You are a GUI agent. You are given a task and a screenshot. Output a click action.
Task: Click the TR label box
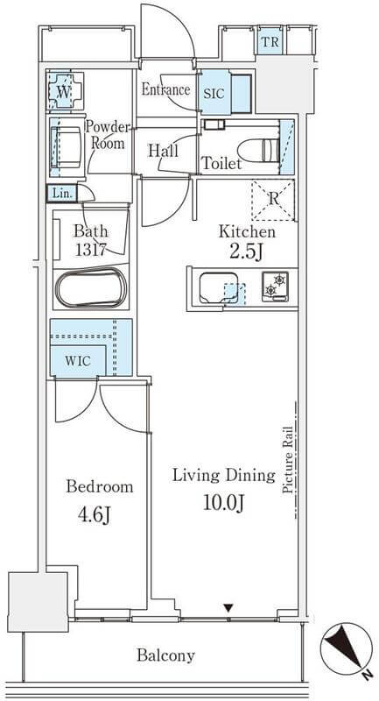point(270,42)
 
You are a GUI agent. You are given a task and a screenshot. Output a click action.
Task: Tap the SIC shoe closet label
point(214,94)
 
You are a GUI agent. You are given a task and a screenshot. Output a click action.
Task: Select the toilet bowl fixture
point(259,150)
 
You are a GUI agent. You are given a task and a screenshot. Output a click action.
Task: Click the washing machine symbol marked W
point(65,92)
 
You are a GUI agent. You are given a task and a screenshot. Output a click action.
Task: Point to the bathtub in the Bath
point(92,287)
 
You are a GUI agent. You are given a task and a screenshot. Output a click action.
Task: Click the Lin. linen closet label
point(61,194)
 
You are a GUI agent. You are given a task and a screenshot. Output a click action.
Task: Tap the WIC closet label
point(78,361)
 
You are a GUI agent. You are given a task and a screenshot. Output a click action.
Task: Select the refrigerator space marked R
point(273,200)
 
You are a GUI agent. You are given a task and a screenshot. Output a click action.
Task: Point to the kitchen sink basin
point(219,288)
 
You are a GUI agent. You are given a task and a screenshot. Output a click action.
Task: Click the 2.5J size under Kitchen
point(246,251)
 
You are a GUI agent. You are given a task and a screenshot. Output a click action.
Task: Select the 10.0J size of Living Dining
point(224,503)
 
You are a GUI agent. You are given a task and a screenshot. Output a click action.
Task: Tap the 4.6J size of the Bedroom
point(95,515)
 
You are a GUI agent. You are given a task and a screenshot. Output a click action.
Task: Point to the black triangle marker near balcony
point(228,607)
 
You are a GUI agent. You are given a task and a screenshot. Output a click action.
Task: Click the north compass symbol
point(346,648)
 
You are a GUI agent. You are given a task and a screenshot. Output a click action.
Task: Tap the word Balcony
point(166,655)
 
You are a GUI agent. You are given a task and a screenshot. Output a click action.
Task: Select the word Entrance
point(165,89)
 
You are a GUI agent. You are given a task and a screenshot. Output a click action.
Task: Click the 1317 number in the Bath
point(91,251)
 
